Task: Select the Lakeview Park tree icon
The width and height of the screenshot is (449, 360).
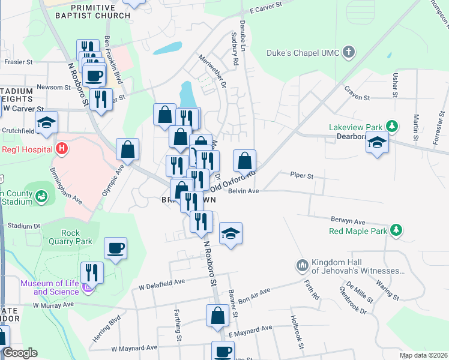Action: (392, 126)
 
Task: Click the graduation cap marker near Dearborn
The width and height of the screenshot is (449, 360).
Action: (377, 143)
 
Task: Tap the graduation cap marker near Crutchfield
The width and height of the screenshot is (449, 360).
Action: (46, 123)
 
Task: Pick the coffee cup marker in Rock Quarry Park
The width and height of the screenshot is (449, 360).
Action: (115, 247)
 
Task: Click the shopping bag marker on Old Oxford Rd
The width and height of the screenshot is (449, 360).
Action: (244, 161)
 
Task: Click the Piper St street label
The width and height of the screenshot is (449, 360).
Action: (302, 176)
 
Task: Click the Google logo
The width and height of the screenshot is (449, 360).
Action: (19, 353)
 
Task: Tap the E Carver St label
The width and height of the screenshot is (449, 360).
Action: (265, 11)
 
